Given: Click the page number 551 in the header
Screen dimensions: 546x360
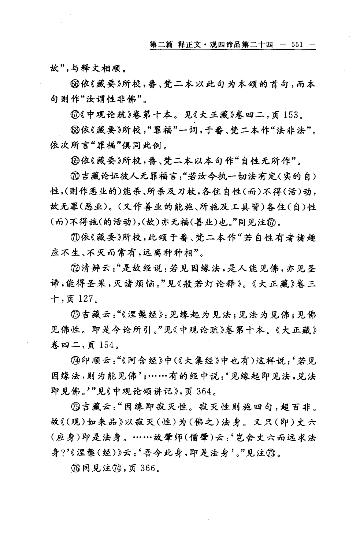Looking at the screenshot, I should (x=296, y=45).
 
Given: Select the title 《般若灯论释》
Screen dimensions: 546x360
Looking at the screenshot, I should (x=209, y=284).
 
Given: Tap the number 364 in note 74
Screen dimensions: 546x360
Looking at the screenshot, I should (x=204, y=391).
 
